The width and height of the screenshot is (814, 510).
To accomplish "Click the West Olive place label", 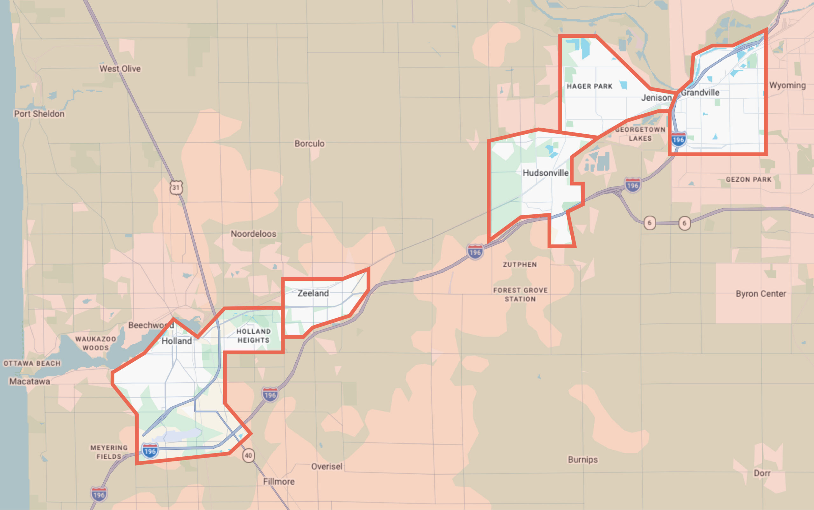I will [120, 69].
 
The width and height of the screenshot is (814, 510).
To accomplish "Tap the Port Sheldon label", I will [39, 114].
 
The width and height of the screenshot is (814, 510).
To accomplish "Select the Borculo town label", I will [309, 144].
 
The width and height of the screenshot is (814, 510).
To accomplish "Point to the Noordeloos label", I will [253, 234].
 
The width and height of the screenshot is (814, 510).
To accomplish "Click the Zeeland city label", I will [313, 293].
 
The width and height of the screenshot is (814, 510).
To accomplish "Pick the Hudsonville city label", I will [546, 173].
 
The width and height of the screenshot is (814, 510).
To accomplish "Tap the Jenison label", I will [656, 98].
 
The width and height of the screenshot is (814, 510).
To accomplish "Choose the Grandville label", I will [700, 92].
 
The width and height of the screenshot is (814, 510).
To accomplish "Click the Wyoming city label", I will [787, 85].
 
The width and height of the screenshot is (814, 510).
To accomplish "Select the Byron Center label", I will [761, 294].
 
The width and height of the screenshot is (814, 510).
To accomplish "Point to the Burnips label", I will [583, 460].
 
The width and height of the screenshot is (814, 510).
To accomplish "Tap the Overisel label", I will [327, 466].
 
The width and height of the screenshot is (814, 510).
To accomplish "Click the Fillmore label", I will [279, 481].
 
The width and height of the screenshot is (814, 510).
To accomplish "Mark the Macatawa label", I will [30, 381].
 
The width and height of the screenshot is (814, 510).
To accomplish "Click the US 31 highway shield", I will [176, 188].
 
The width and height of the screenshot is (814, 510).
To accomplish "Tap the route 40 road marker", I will [249, 456].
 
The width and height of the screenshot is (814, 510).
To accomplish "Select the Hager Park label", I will [590, 86].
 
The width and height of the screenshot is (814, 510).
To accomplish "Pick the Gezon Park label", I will [748, 179].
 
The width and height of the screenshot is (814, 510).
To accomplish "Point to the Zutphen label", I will [520, 265].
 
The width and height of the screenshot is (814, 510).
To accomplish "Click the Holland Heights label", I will [253, 336].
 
